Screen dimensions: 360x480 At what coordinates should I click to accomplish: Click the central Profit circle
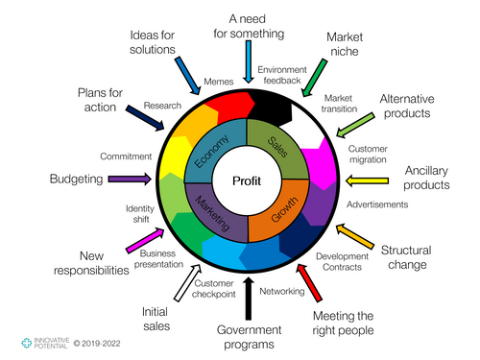click(248, 180)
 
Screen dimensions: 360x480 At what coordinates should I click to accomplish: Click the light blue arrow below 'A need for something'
click(248, 61)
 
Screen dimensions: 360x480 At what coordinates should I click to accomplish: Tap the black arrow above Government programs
click(249, 299)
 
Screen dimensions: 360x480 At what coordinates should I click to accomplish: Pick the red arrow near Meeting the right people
click(309, 280)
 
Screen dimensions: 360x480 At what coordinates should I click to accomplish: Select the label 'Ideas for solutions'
click(153, 41)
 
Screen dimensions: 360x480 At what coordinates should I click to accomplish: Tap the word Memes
click(218, 84)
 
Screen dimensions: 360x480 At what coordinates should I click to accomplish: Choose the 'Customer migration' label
click(369, 155)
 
